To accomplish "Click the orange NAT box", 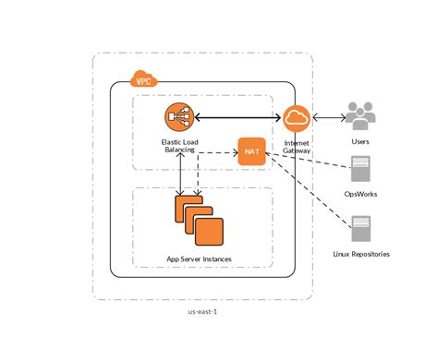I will (251, 151).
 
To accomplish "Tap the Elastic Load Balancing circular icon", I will (177, 117).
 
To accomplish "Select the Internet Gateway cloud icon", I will (297, 117).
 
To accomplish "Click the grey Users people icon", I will (359, 116).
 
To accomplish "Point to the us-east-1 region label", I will (202, 311).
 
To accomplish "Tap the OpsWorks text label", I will (360, 195).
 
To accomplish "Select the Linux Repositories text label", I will (360, 253).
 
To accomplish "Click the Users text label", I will (359, 142).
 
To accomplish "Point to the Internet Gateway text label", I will (297, 146).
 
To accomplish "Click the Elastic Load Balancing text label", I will (177, 146).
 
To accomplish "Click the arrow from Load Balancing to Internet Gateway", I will (236, 117).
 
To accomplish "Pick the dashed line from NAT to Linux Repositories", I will (314, 189).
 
